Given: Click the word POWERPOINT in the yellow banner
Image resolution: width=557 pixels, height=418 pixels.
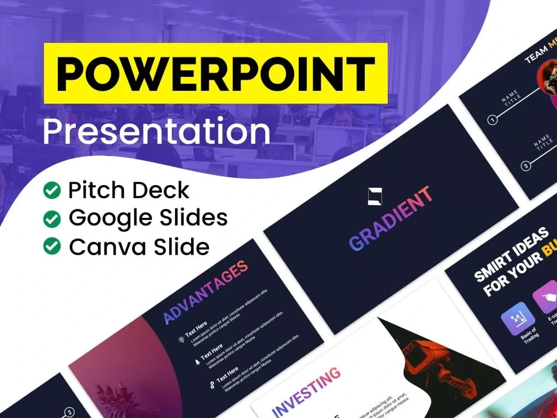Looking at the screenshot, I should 215,73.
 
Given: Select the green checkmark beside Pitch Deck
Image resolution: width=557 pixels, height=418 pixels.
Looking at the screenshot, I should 52,191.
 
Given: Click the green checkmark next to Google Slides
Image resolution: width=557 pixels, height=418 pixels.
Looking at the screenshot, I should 52,218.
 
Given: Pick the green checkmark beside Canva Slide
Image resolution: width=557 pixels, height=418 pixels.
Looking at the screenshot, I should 52,246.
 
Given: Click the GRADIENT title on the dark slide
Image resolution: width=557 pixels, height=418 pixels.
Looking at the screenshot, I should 390,218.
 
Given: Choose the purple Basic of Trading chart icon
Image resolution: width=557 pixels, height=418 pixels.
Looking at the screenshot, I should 517,319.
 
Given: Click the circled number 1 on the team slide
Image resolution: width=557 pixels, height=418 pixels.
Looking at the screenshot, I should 492,119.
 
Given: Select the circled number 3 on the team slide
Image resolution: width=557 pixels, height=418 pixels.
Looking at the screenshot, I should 525,166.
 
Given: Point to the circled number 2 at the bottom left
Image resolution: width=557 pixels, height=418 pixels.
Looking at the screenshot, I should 69,412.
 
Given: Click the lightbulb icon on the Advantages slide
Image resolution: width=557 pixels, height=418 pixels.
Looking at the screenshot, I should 181,339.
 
